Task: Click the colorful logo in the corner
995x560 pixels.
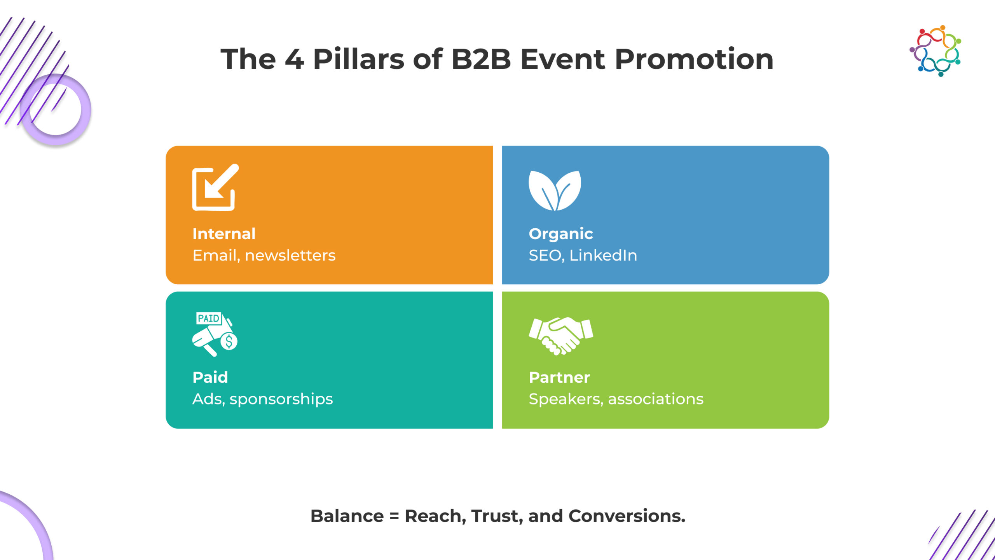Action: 936,51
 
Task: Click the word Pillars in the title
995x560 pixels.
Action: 358,59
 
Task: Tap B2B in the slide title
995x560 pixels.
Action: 481,59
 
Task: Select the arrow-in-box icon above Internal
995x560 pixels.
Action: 215,187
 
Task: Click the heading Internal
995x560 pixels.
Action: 224,234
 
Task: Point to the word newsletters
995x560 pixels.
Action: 290,255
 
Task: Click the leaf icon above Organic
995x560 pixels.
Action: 555,191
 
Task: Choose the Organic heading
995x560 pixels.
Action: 560,234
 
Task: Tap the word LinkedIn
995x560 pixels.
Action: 603,255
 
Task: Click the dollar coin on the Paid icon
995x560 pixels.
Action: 229,341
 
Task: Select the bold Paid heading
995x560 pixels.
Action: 210,377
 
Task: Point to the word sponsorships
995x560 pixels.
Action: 281,399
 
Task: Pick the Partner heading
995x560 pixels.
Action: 559,377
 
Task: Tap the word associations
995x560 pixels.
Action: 656,399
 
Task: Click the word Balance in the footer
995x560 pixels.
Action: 347,516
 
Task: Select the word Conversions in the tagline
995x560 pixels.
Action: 627,516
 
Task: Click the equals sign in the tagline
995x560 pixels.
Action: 394,516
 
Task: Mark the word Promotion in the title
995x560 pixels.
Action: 694,59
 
